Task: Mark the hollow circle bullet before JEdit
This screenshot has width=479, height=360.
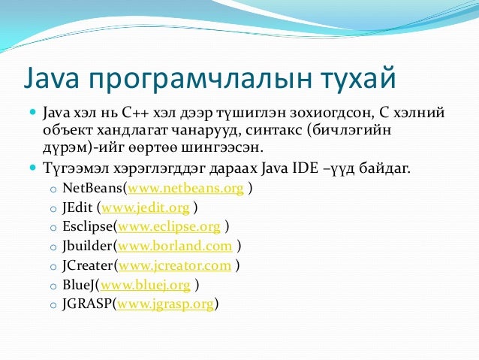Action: tap(52, 207)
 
